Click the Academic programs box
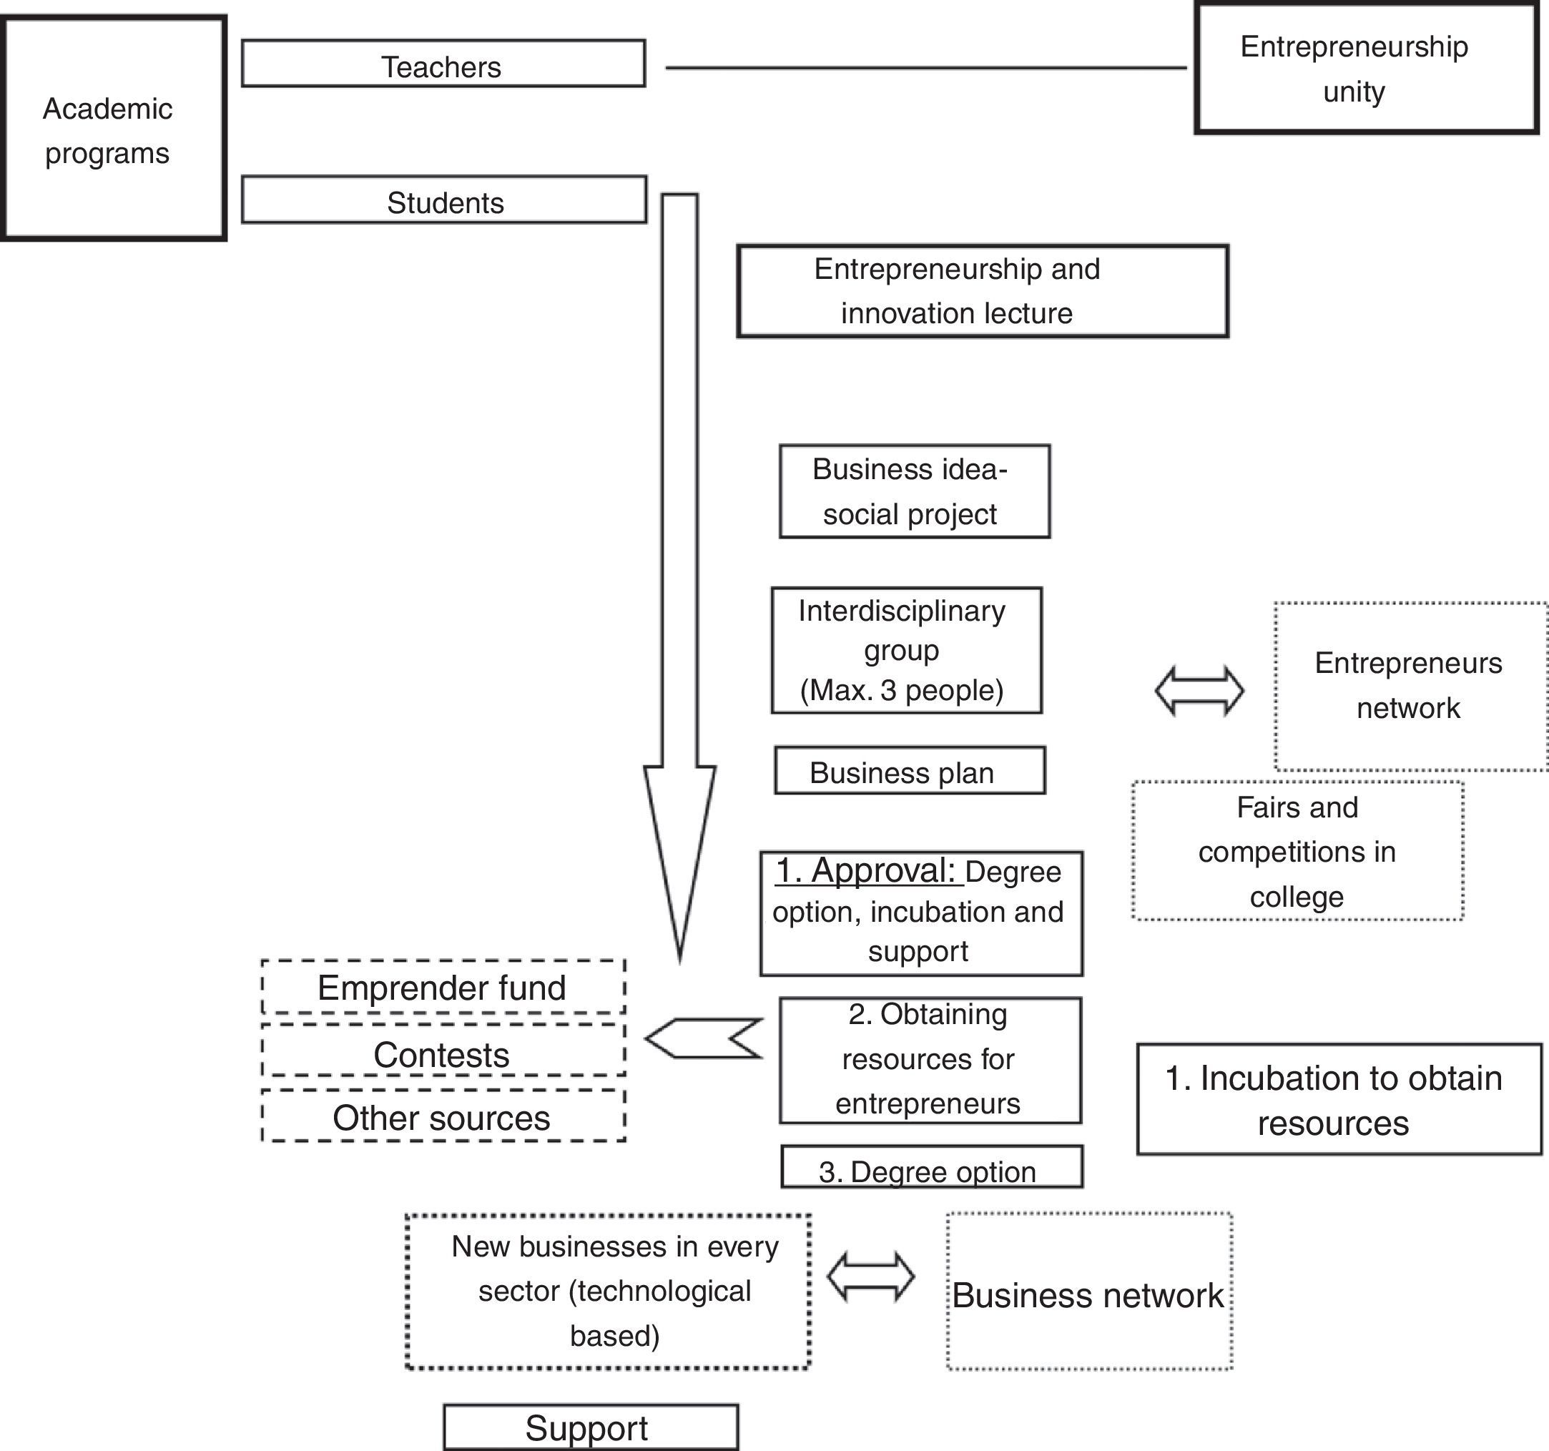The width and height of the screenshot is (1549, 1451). (x=114, y=129)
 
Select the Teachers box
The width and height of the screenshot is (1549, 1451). (x=443, y=64)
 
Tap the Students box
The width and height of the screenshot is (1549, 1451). (x=444, y=200)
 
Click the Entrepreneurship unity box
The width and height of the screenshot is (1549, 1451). (x=1366, y=69)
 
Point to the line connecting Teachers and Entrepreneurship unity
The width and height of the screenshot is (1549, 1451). (x=925, y=69)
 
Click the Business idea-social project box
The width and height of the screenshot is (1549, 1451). (x=914, y=492)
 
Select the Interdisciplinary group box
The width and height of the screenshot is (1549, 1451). (x=906, y=650)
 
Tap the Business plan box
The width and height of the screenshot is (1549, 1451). (x=909, y=771)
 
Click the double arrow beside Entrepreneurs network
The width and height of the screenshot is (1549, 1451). (x=1199, y=690)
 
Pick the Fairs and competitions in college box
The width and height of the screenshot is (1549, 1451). (x=1297, y=851)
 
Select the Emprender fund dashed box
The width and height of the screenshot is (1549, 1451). (x=443, y=988)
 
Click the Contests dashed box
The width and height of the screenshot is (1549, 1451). (x=443, y=1053)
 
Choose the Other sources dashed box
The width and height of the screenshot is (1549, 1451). (x=443, y=1118)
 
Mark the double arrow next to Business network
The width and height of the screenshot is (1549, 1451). (x=870, y=1277)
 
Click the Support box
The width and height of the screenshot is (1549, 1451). (x=590, y=1427)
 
